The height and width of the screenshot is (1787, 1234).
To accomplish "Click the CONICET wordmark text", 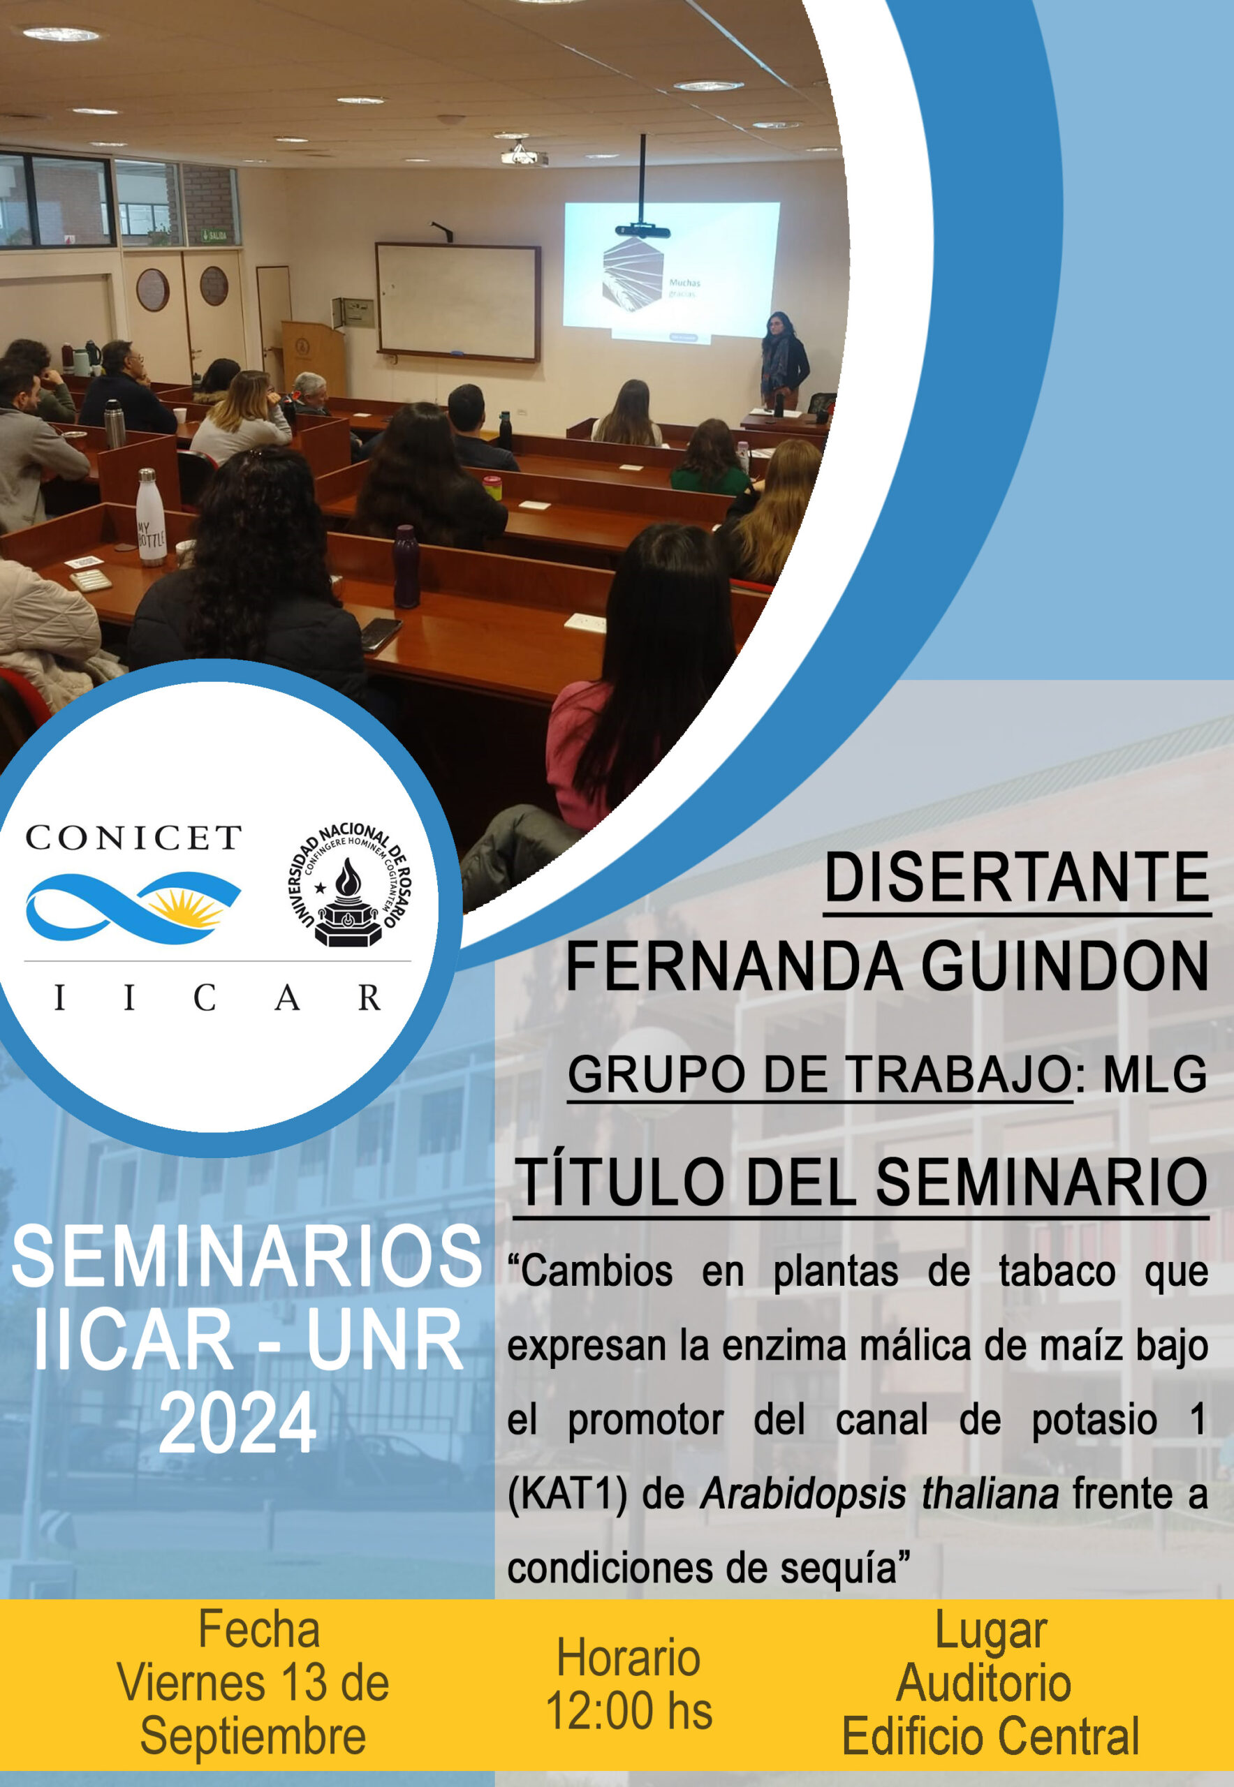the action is click(133, 838).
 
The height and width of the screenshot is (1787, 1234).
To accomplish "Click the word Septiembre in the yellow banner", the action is click(253, 1736).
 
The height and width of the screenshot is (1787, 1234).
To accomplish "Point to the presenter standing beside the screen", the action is click(784, 360).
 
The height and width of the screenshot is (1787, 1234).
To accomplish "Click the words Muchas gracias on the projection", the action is click(685, 288).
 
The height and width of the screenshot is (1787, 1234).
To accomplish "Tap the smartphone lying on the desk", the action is click(381, 634).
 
